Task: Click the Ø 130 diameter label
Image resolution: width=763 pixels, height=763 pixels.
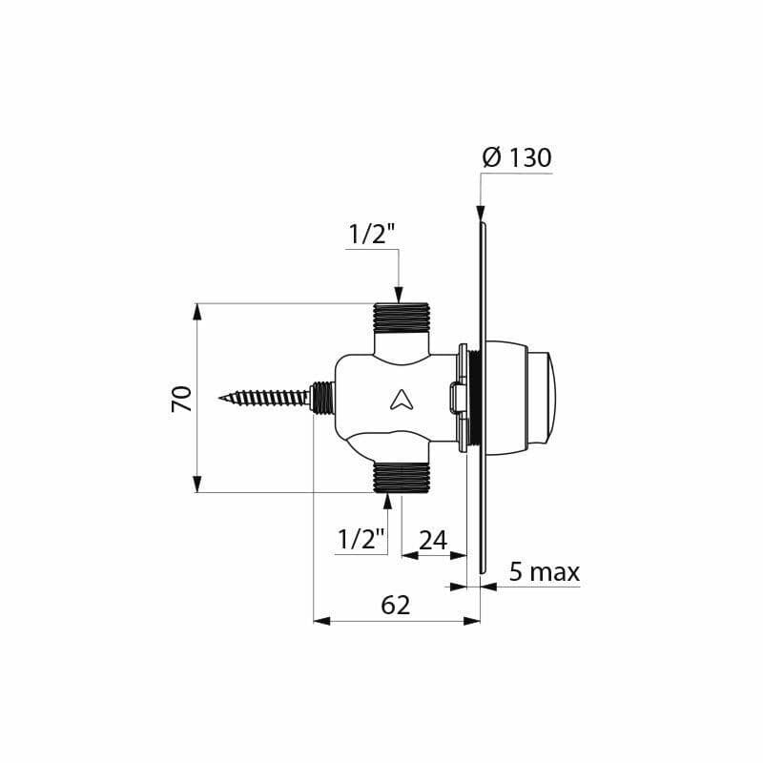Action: (517, 158)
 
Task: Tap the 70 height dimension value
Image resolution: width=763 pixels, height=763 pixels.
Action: (182, 398)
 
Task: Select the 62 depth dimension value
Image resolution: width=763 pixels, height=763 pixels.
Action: (395, 605)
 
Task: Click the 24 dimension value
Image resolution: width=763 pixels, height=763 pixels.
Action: (433, 540)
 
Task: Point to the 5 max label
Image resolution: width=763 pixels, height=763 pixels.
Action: (544, 571)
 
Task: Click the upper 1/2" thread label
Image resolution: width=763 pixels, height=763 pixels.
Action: (371, 234)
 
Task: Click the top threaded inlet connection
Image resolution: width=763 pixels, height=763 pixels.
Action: (402, 318)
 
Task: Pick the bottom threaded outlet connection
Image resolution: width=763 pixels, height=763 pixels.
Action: (402, 478)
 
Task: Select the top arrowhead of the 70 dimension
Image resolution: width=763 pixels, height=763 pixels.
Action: (197, 311)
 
